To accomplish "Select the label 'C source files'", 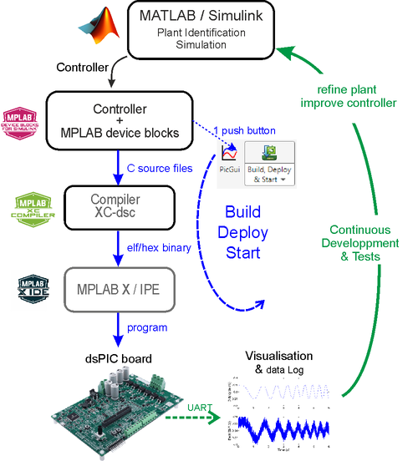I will [160, 167].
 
